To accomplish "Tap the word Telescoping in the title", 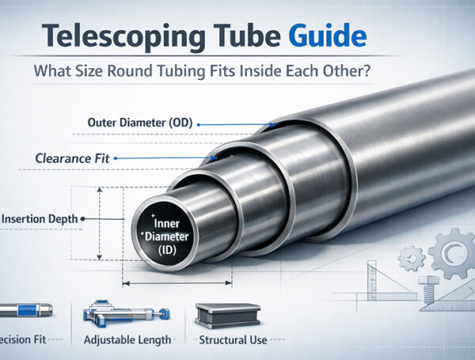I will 100,36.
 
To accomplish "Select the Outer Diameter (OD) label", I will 141,124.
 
